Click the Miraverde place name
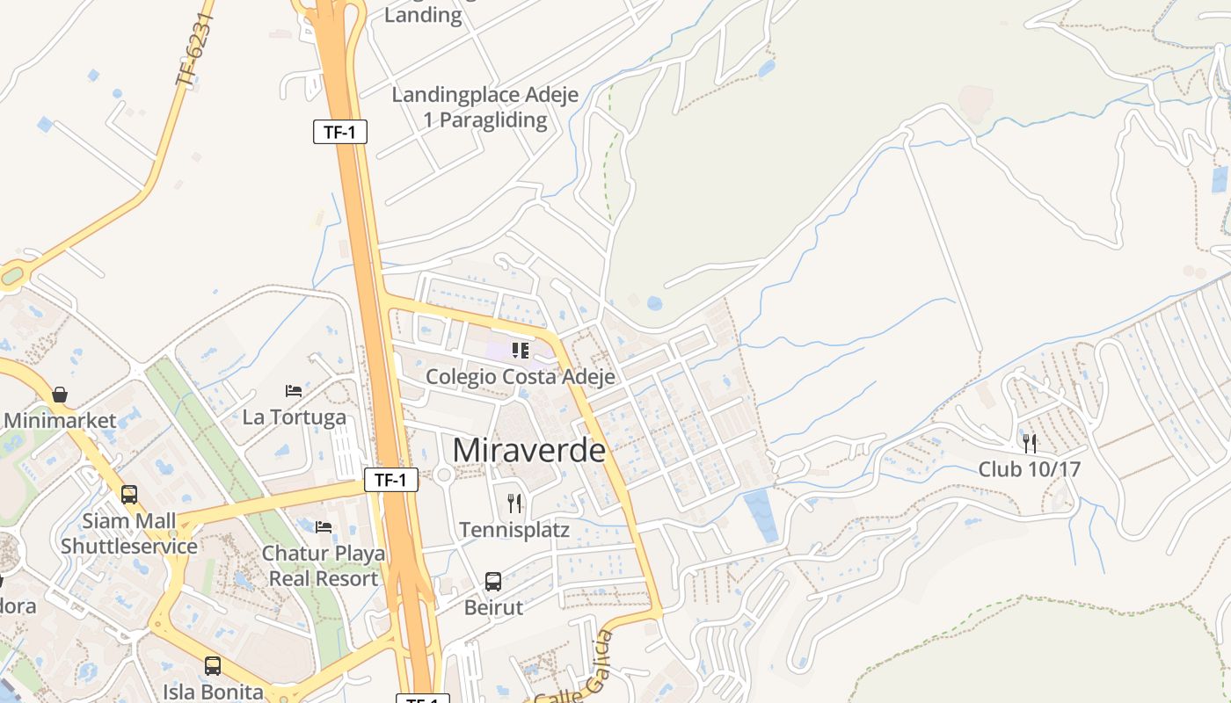point(528,450)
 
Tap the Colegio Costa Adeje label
point(520,376)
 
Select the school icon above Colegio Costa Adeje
point(521,351)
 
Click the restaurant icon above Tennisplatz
point(514,504)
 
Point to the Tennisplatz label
point(514,530)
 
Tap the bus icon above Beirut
point(493,582)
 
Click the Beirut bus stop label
point(493,607)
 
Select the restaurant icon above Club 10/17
point(1030,443)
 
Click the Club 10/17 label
point(1030,468)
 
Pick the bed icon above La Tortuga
point(294,391)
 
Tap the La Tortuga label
point(294,417)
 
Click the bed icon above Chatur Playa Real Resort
point(324,527)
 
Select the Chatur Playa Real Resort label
point(324,566)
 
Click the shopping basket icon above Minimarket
point(60,395)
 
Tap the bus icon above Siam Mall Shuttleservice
point(129,495)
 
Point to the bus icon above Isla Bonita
point(213,666)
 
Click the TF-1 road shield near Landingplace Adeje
point(339,133)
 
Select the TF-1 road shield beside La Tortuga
point(390,480)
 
